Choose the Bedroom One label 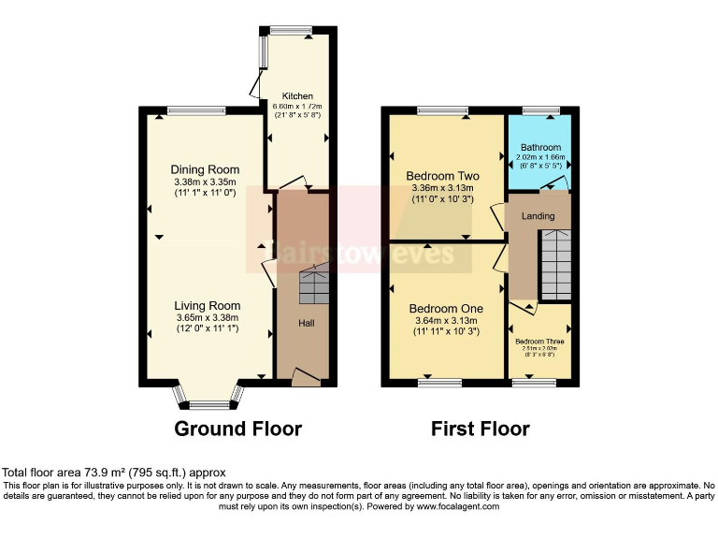point(446,309)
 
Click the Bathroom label point(540,147)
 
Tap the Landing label point(538,216)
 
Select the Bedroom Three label point(539,342)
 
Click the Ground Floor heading point(238,429)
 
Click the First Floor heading point(480,429)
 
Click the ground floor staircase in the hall point(314,285)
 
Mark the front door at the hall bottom point(306,377)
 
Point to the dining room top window point(196,110)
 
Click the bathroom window point(540,110)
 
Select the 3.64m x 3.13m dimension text point(445,320)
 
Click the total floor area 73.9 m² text point(114,473)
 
